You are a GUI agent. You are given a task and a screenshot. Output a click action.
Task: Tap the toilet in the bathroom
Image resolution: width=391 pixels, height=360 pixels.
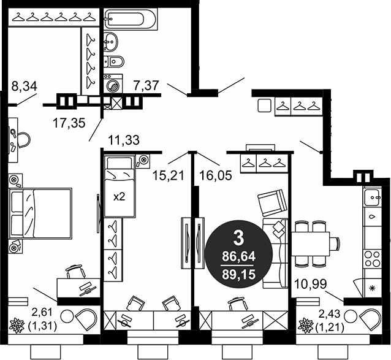tap(114, 61)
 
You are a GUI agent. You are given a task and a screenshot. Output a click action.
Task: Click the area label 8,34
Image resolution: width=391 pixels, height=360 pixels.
tap(24, 86)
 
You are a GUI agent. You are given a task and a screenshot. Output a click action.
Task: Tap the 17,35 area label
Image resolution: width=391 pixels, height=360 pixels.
tap(68, 121)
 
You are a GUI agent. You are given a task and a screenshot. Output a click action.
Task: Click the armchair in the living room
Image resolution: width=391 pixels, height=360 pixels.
tap(270, 202)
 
